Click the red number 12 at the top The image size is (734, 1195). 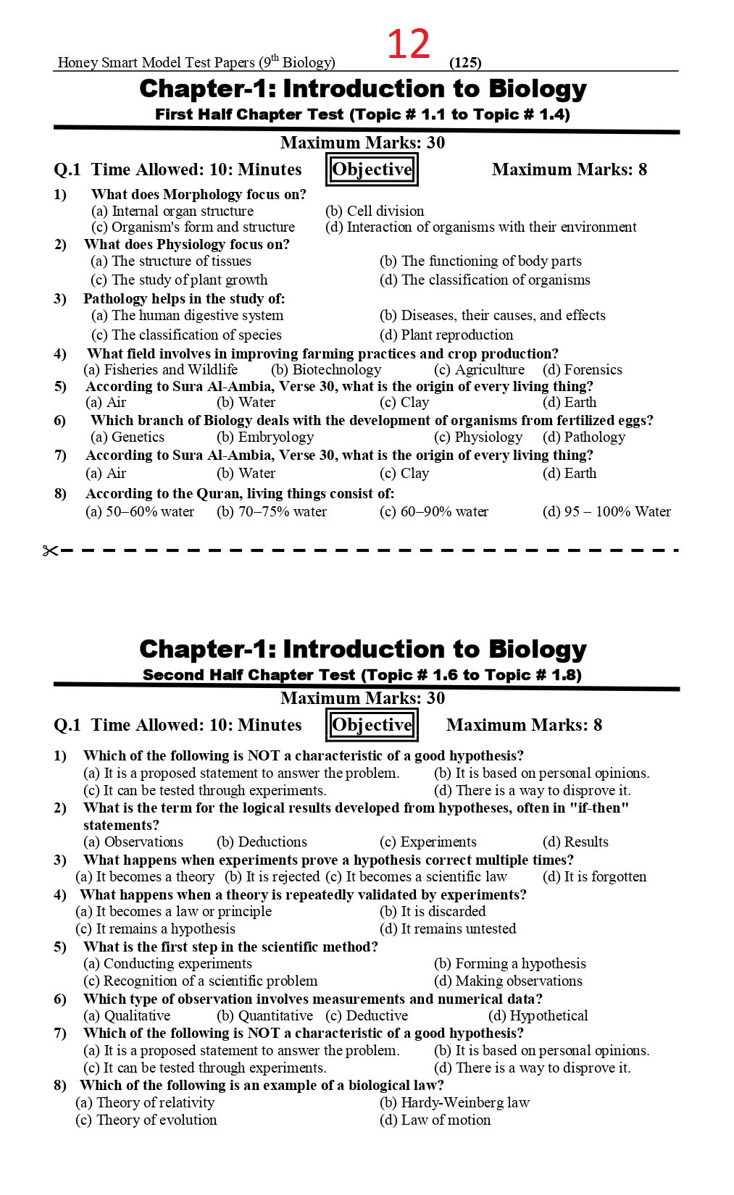pyautogui.click(x=409, y=44)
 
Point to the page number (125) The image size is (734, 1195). pyautogui.click(x=465, y=62)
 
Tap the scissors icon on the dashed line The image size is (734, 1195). pyautogui.click(x=50, y=551)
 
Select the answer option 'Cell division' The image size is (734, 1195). pyautogui.click(x=375, y=211)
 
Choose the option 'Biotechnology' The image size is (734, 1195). pyautogui.click(x=326, y=369)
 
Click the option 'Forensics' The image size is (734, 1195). pyautogui.click(x=583, y=369)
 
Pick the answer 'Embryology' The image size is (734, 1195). pyautogui.click(x=265, y=437)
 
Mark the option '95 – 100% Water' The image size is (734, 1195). pyautogui.click(x=606, y=511)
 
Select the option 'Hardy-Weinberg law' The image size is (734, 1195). pyautogui.click(x=454, y=1102)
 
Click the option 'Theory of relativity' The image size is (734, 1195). pyautogui.click(x=145, y=1102)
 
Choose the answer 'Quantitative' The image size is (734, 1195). pyautogui.click(x=265, y=1015)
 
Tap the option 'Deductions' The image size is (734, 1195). pyautogui.click(x=262, y=842)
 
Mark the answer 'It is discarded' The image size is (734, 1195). pyautogui.click(x=433, y=911)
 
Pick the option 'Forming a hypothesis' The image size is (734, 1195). pyautogui.click(x=509, y=963)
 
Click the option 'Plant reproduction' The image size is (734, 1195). pyautogui.click(x=446, y=335)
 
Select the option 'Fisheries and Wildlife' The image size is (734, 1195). pyautogui.click(x=161, y=369)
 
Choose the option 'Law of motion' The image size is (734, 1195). pyautogui.click(x=435, y=1120)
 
